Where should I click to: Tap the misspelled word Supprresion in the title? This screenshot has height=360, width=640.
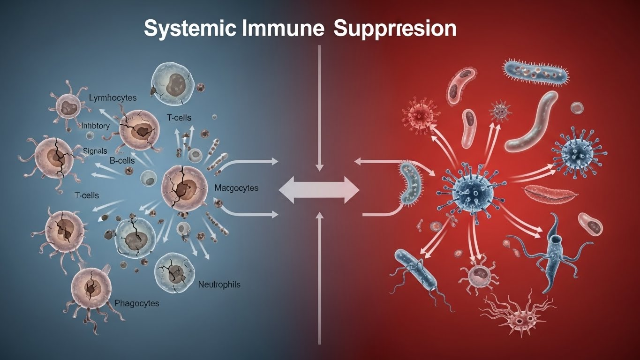[394, 30]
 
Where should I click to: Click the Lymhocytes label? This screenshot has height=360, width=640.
[113, 98]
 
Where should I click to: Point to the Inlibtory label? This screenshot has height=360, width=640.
[95, 126]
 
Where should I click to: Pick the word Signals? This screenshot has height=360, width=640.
[95, 151]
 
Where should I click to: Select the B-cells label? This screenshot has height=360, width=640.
[122, 161]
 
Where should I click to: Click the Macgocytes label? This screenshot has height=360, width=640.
[236, 188]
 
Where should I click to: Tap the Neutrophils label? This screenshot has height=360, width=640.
[219, 285]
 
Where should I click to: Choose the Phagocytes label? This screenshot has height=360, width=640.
[136, 303]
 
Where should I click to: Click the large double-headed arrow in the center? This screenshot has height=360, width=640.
[319, 190]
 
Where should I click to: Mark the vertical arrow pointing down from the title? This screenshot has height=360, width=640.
[319, 108]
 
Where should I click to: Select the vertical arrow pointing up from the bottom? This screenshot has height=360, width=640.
[319, 277]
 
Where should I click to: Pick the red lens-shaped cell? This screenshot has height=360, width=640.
[547, 192]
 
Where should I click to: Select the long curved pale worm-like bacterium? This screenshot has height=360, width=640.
[532, 120]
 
